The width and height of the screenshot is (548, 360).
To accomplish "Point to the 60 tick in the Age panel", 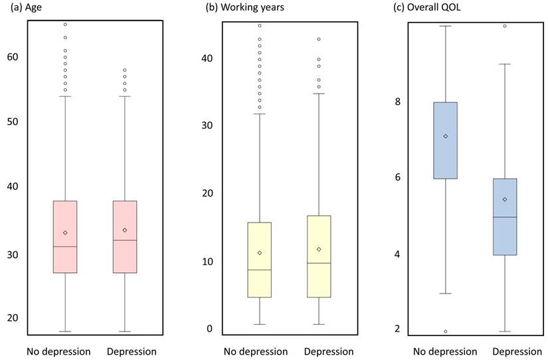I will pyautogui.click(x=13, y=57).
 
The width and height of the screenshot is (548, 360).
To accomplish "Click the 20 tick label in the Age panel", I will pyautogui.click(x=13, y=318).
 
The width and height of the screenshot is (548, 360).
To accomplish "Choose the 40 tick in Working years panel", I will pyautogui.click(x=207, y=58).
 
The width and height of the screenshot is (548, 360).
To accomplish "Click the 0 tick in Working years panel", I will pyautogui.click(x=210, y=329).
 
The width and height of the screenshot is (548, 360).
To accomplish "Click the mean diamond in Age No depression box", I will pyautogui.click(x=65, y=232).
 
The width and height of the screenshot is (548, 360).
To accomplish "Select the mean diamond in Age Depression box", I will pyautogui.click(x=125, y=230).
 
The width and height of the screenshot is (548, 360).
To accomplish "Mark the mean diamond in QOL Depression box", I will pyautogui.click(x=505, y=199).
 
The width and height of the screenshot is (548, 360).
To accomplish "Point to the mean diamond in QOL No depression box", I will pyautogui.click(x=446, y=136).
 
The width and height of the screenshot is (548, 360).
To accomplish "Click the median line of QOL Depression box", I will pyautogui.click(x=505, y=217).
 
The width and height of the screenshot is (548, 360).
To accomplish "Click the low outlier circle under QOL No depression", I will pyautogui.click(x=446, y=331).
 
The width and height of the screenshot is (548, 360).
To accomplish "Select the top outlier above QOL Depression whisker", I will pyautogui.click(x=505, y=26).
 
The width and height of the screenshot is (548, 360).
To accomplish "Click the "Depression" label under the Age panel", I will pyautogui.click(x=132, y=351).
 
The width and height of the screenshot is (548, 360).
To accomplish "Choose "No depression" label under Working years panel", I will pyautogui.click(x=256, y=351).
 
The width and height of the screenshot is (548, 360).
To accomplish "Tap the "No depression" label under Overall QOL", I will pyautogui.click(x=445, y=351).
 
